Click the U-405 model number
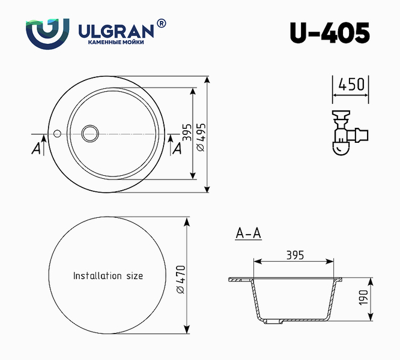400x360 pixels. point(330,33)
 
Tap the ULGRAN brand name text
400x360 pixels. point(116,31)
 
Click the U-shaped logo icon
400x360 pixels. point(47,34)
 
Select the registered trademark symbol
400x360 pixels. point(161,23)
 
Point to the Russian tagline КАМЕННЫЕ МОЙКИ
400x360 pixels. point(116,42)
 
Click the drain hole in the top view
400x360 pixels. point(90,133)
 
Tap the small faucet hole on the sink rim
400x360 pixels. point(57,133)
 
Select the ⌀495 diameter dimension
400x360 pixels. point(201,137)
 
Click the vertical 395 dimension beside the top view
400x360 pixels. point(187,132)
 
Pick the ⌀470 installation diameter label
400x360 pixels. point(181,279)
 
